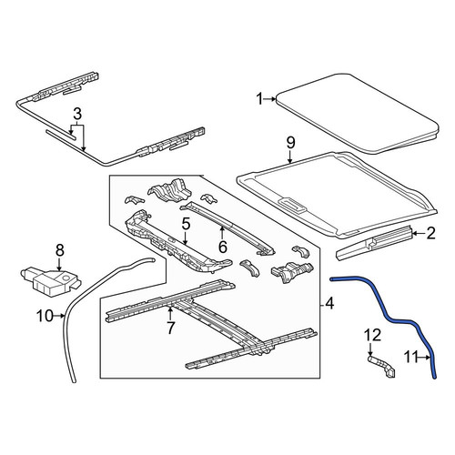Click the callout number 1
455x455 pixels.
tap(259, 99)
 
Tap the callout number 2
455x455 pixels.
tap(430, 233)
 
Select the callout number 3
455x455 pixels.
tap(77, 114)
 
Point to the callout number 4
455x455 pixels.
tap(329, 303)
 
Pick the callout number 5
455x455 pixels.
tap(186, 224)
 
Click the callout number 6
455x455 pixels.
tap(223, 247)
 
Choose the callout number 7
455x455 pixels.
tap(170, 328)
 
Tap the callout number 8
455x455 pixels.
tap(60, 250)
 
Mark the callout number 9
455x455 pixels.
tap(290, 143)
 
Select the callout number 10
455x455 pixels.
tap(45, 316)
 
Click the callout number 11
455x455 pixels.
tap(411, 358)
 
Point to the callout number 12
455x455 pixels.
tap(372, 336)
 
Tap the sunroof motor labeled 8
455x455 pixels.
tap(50, 280)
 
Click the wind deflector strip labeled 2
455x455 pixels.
tap(374, 243)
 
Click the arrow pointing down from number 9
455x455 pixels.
tap(290, 157)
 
